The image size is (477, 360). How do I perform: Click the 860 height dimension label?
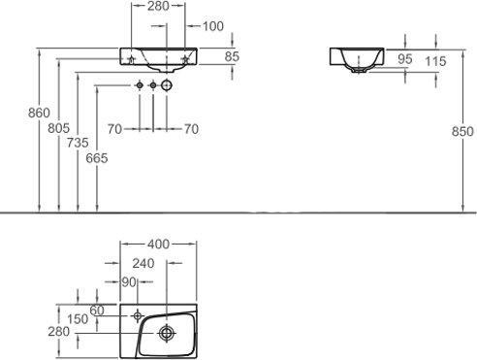point(39,113)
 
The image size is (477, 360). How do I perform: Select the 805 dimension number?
point(58,128)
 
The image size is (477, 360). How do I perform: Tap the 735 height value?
point(78,143)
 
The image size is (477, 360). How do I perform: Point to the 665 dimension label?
point(97,158)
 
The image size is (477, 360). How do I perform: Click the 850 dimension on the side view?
point(462,131)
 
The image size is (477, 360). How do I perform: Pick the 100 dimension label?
point(213,26)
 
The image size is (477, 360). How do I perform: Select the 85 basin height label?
point(232,56)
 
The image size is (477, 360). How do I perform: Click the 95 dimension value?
point(405,59)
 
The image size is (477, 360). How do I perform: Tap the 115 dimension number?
point(435,61)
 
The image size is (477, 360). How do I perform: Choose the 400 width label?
point(158,245)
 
